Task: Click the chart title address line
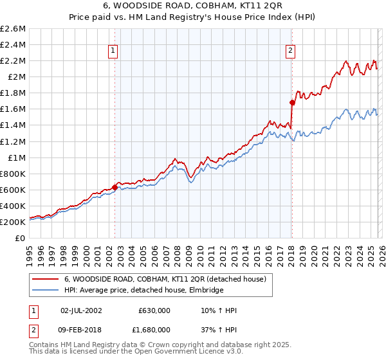tap(192, 7)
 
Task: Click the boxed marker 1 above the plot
tap(113, 51)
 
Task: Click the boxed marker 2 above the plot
tap(290, 51)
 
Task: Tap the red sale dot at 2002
tap(115, 187)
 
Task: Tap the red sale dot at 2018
tap(292, 102)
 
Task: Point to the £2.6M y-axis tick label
tap(13, 29)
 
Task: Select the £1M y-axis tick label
tap(15, 157)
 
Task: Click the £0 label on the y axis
tap(21, 238)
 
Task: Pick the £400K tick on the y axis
tap(13, 206)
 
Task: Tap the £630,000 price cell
tap(154, 310)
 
